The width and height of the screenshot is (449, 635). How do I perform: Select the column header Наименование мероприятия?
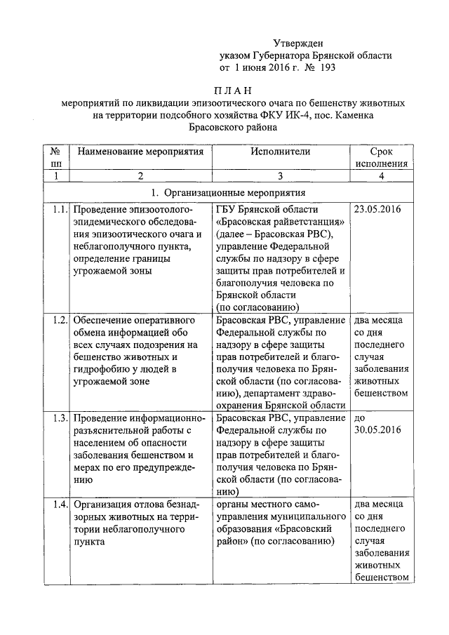[140, 151]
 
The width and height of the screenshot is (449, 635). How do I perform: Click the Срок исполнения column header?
[381, 157]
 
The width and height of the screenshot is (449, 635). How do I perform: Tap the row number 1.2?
[59, 320]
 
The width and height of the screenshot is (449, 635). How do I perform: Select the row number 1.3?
[59, 418]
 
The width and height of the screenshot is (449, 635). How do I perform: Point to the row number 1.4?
[59, 504]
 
